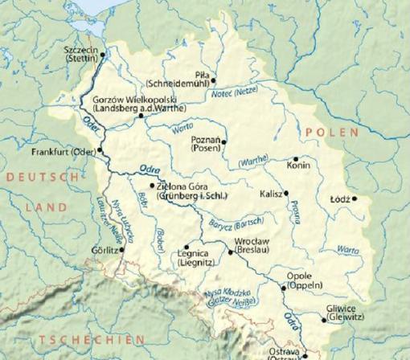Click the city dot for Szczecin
pyautogui.click(x=103, y=55)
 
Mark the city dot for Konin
pyautogui.click(x=296, y=158)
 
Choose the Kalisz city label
pyautogui.click(x=270, y=194)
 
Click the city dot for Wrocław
pyautogui.click(x=231, y=253)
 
